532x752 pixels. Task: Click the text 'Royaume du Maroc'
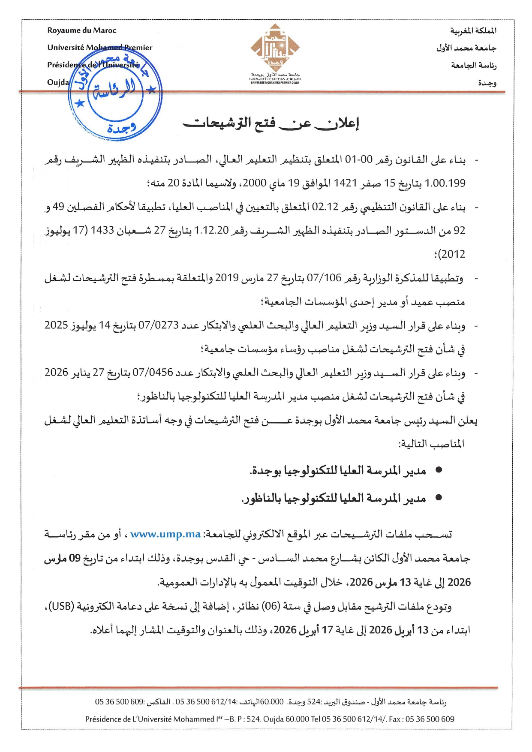(81, 30)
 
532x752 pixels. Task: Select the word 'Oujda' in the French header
(58, 82)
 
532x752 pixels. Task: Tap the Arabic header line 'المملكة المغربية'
(473, 31)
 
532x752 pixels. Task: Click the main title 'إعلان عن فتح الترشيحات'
(271, 123)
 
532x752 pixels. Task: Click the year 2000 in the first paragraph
(255, 183)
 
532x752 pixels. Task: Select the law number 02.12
(325, 207)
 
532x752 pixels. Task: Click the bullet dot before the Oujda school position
(439, 470)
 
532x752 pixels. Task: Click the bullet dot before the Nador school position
(439, 498)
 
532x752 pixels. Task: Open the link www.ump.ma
(165, 534)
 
